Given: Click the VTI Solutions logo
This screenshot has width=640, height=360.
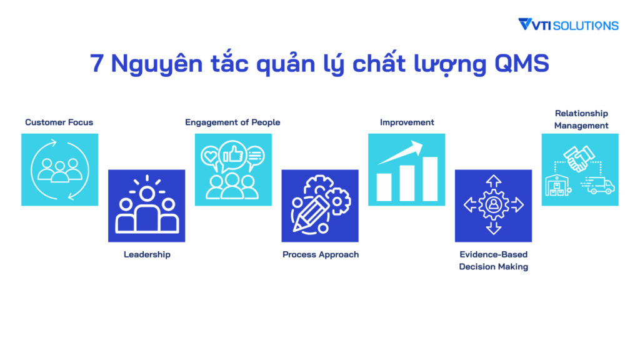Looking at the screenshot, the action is pyautogui.click(x=568, y=25).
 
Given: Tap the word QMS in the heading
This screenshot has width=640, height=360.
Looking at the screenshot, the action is pyautogui.click(x=522, y=64).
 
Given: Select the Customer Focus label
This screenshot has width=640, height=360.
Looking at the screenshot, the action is pyautogui.click(x=59, y=122).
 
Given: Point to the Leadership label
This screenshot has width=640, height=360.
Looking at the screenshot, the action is pyautogui.click(x=147, y=254).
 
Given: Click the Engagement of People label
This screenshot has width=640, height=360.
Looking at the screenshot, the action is pyautogui.click(x=232, y=122).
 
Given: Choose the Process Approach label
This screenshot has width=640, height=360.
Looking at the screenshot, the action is pyautogui.click(x=321, y=254).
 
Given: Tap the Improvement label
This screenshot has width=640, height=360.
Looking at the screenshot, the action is pyautogui.click(x=407, y=122).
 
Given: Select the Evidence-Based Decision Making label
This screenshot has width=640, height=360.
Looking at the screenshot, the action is pyautogui.click(x=494, y=261).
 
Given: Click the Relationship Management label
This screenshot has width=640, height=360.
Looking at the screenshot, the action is pyautogui.click(x=581, y=119).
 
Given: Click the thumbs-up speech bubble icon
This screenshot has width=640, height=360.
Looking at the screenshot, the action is pyautogui.click(x=233, y=156).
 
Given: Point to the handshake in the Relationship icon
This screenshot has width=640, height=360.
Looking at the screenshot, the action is pyautogui.click(x=579, y=159).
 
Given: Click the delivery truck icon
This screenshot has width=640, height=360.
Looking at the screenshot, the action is pyautogui.click(x=598, y=185).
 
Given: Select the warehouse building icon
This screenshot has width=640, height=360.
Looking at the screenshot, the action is pyautogui.click(x=558, y=185).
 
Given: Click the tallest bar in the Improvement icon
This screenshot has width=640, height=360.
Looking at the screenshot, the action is pyautogui.click(x=430, y=179).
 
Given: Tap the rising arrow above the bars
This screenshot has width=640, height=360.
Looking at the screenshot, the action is pyautogui.click(x=401, y=152).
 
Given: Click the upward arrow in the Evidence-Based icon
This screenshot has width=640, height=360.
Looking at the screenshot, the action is pyautogui.click(x=494, y=182).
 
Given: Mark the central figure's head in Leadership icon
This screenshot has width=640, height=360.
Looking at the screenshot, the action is pyautogui.click(x=147, y=194).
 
